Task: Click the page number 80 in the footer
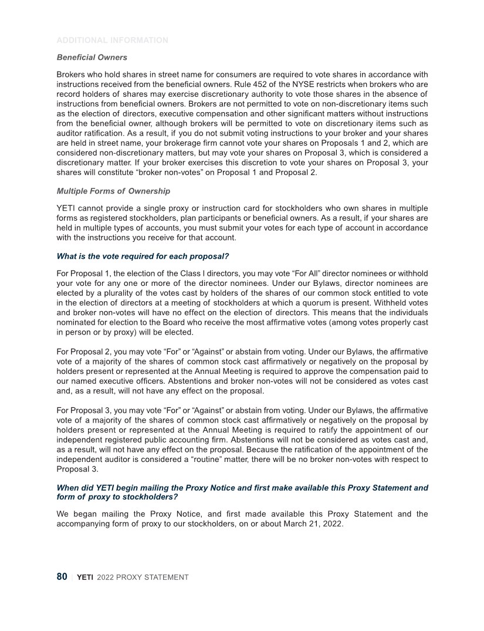[x=62, y=577]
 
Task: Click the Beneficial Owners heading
[x=92, y=58]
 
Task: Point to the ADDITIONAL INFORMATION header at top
[x=112, y=41]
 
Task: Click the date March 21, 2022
[x=315, y=524]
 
